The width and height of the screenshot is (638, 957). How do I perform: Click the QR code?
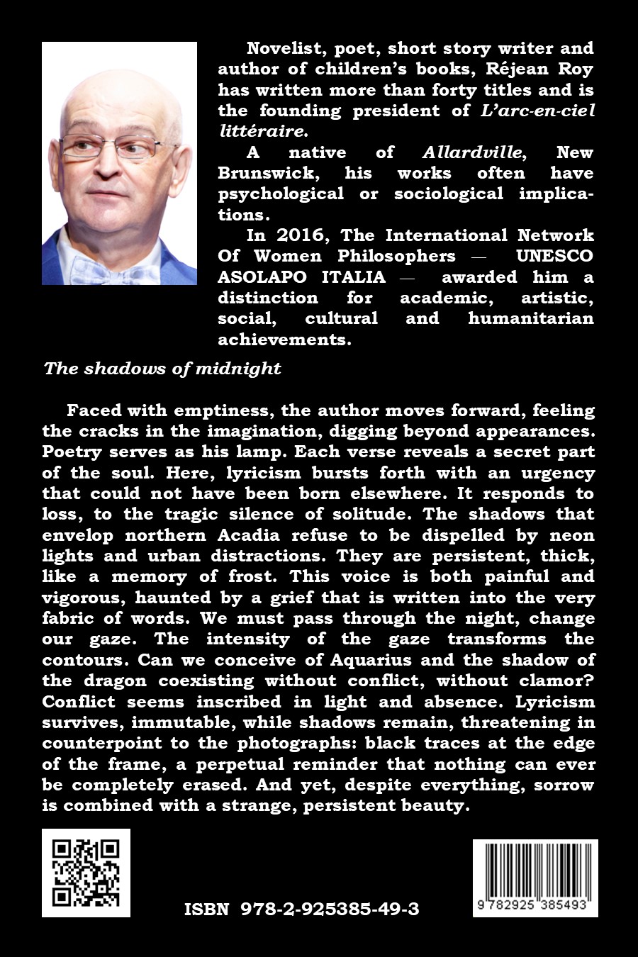pos(86,872)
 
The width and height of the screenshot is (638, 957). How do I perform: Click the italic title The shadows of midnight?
pos(162,369)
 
